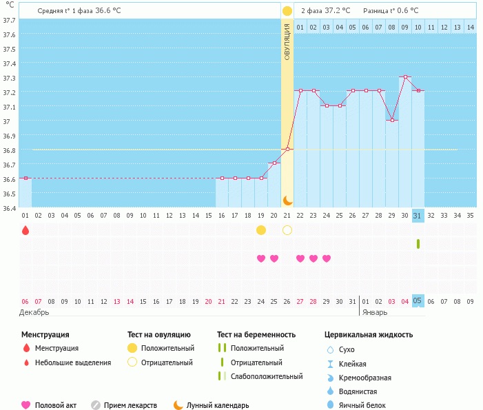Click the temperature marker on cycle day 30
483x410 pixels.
(405, 76)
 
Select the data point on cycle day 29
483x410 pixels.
(392, 120)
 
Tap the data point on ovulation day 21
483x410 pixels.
(287, 149)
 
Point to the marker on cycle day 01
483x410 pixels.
(26, 178)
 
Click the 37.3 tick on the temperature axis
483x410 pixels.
(9, 78)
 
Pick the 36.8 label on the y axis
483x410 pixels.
(9, 150)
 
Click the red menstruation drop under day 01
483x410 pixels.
(25, 230)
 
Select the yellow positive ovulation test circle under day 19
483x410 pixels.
(261, 230)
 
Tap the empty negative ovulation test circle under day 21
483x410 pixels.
(287, 230)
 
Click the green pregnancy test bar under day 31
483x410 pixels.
(418, 244)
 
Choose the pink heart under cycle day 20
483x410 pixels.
(274, 258)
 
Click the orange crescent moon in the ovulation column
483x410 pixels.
(288, 201)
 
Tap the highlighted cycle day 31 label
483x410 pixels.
(417, 216)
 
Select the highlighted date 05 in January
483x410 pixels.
(417, 301)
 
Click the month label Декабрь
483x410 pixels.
(34, 312)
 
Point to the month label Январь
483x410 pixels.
(375, 312)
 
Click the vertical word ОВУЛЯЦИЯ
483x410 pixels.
(287, 42)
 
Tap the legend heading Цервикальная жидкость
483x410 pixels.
(369, 334)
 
